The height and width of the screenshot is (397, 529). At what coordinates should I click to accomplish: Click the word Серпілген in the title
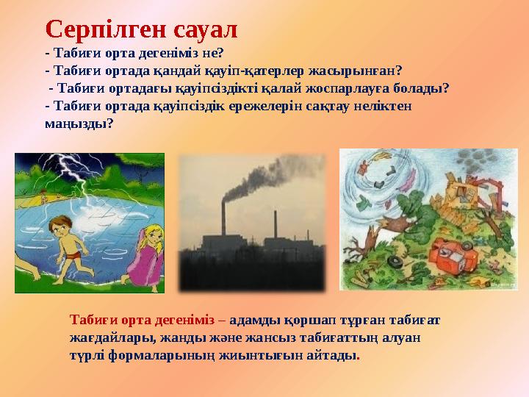(107, 30)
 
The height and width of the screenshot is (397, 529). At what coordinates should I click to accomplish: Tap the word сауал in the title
(206, 29)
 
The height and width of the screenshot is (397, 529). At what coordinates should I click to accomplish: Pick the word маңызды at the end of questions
(78, 124)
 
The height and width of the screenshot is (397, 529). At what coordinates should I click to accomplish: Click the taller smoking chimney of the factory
(223, 219)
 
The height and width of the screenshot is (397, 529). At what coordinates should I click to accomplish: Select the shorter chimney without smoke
(276, 224)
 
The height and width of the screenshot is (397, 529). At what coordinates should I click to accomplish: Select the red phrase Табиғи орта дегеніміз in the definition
(142, 320)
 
